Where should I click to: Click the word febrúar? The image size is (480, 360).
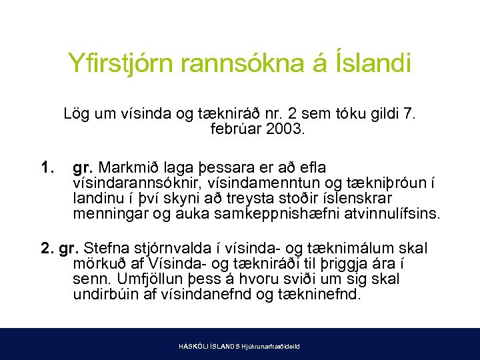coord(234,129)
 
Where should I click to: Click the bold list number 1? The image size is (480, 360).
coord(47,167)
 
